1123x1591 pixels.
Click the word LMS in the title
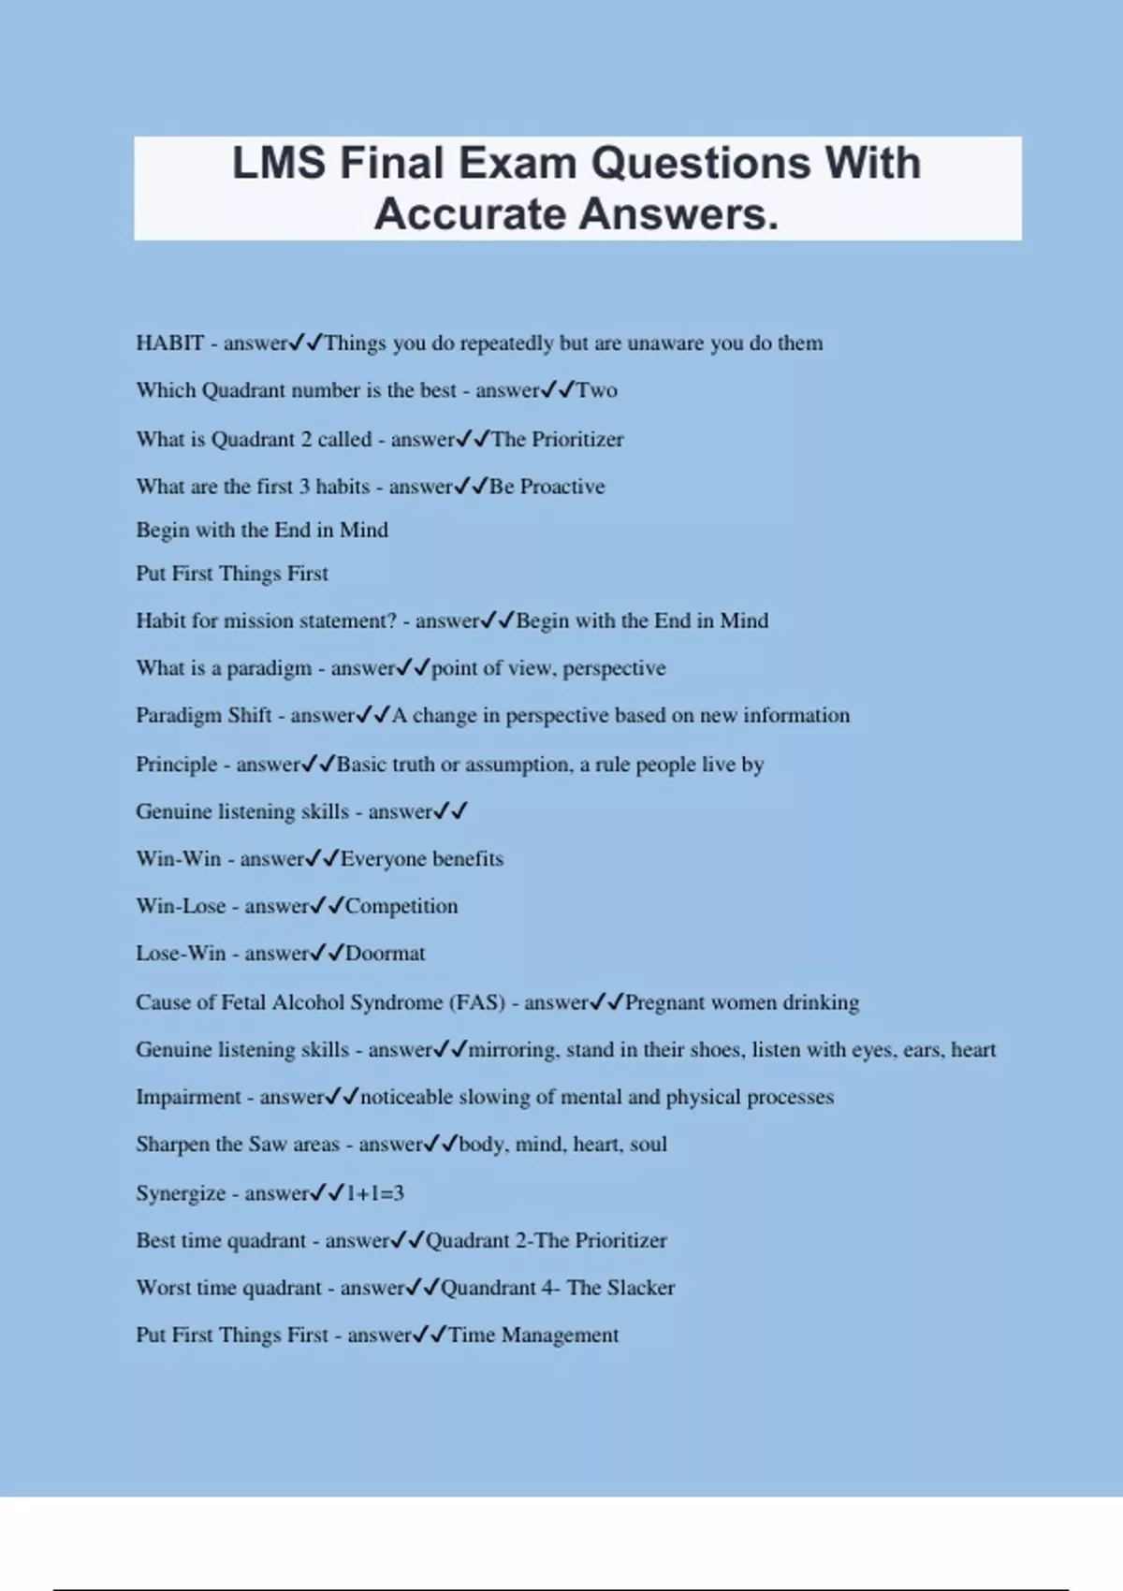(x=278, y=164)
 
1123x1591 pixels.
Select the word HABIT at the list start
(x=169, y=343)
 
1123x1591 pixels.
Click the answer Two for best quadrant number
(x=596, y=390)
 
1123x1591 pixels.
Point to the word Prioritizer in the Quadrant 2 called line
(x=577, y=440)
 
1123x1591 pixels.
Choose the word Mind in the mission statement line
(x=744, y=620)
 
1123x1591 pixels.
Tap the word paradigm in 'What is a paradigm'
(x=269, y=668)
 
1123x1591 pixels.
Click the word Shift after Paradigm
(x=249, y=715)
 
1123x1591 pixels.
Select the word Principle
(x=176, y=765)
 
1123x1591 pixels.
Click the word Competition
(x=401, y=906)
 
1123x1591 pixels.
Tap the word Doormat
(x=385, y=954)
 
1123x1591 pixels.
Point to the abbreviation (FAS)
(x=477, y=1002)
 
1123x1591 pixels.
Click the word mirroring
(x=512, y=1050)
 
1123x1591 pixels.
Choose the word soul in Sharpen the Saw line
(x=648, y=1145)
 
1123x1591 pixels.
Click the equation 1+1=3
(x=374, y=1193)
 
